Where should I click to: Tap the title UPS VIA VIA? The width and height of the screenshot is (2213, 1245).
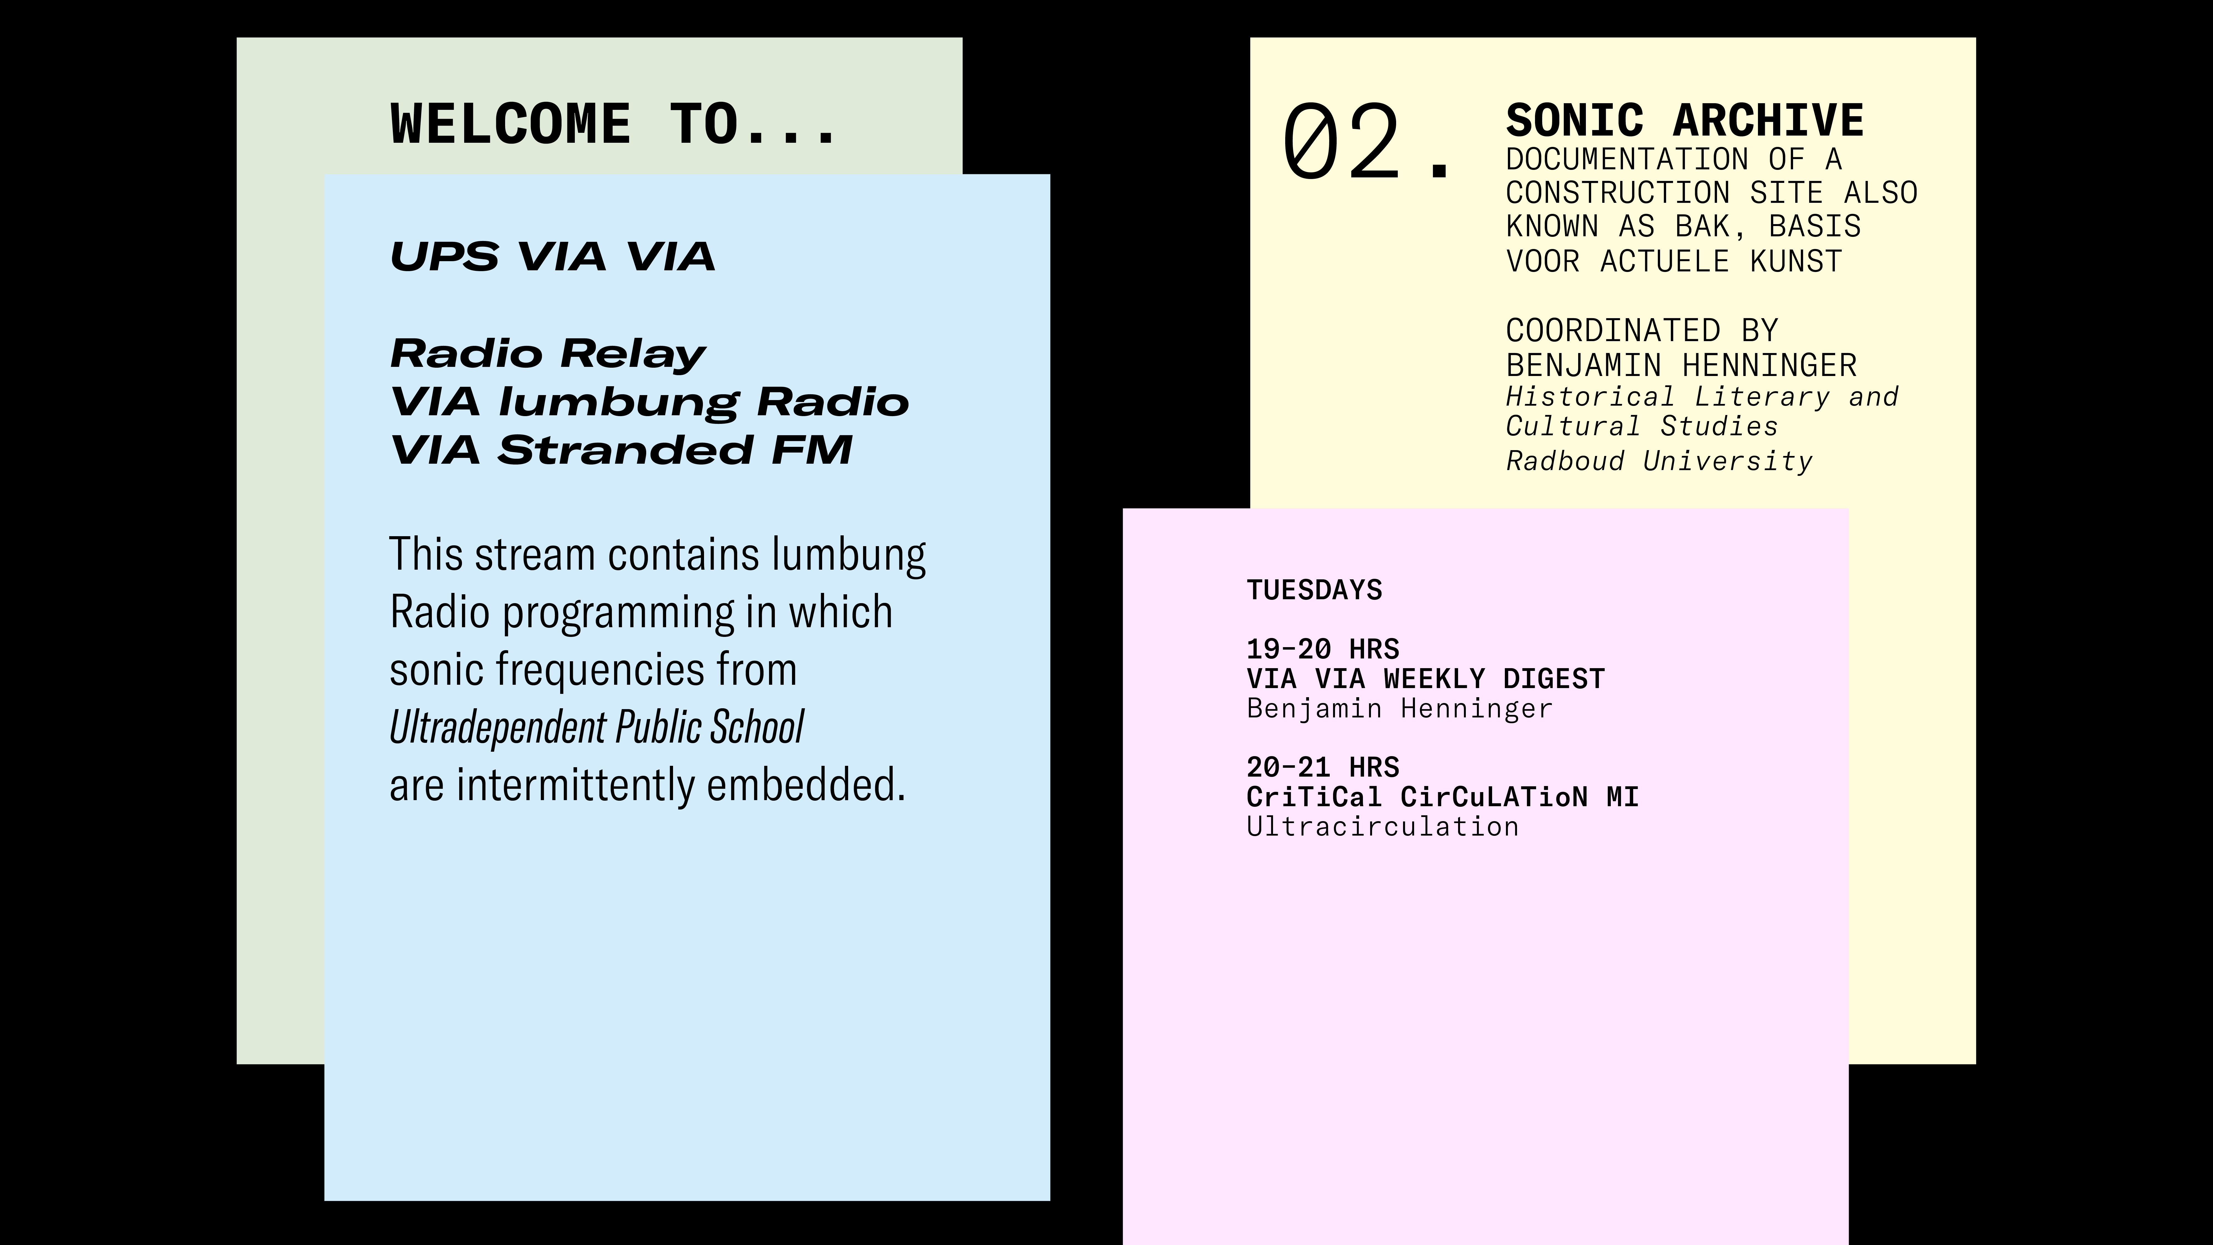[x=552, y=256]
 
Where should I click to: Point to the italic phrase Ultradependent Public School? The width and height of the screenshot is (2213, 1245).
[x=596, y=727]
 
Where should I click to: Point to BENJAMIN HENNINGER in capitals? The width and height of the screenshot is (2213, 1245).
[x=1681, y=365]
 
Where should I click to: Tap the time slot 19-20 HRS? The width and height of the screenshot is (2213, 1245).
[x=1323, y=649]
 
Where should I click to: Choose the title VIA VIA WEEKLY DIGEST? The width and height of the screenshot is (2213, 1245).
[x=1425, y=679]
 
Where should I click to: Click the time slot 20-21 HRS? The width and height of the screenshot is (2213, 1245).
[x=1323, y=766]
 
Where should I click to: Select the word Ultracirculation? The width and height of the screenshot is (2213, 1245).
[x=1382, y=827]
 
